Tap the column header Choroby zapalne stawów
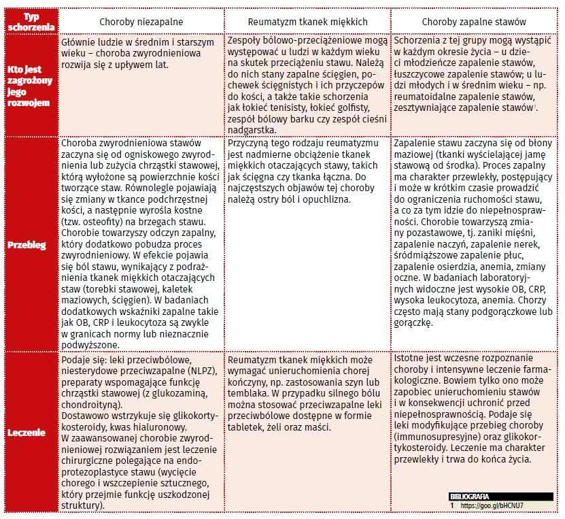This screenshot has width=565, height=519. coord(475,22)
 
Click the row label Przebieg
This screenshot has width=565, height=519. coord(27,244)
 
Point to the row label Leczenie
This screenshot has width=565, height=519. coord(27,431)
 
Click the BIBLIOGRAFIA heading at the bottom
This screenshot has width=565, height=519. coord(469,497)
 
